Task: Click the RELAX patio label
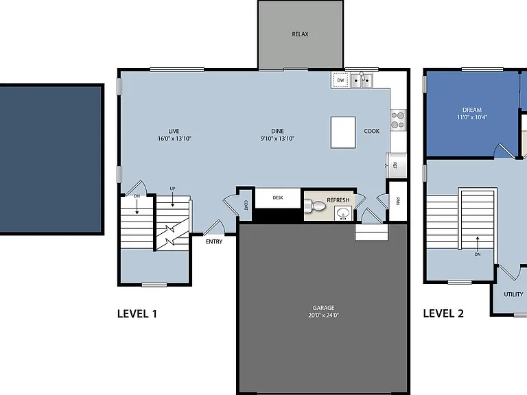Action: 300,34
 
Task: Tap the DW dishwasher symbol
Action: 340,80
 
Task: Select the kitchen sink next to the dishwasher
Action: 362,80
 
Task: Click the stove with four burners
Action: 398,120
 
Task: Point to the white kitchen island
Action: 343,132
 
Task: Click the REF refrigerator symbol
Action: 396,165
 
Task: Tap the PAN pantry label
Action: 398,201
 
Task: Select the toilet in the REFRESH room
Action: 314,206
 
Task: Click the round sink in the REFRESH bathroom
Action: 343,213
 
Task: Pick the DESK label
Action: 278,197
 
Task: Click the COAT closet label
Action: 246,205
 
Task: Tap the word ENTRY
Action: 214,241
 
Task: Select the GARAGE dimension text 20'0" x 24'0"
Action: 323,315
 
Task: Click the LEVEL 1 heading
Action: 137,313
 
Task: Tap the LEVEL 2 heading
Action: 443,313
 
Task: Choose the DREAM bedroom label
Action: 472,110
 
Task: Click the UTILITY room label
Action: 513,294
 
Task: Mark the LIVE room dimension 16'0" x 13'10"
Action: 174,139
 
